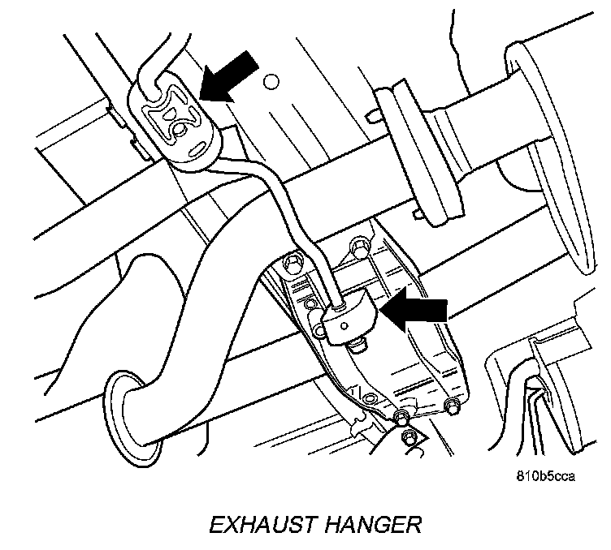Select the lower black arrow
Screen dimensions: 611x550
417,312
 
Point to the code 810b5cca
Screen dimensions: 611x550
545,476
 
